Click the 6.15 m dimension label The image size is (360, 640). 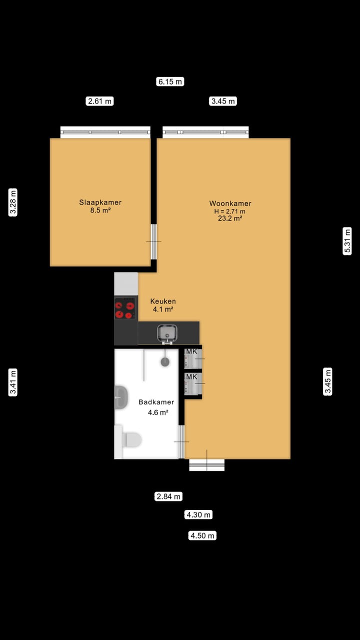(170, 81)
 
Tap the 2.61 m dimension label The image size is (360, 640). (100, 101)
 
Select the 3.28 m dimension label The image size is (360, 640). (13, 202)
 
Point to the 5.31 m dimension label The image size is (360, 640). (347, 241)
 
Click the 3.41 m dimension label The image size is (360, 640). (13, 382)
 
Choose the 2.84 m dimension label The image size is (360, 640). (168, 496)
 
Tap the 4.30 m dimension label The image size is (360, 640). (198, 514)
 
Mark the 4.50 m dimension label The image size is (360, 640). (202, 535)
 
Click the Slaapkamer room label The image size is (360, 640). (100, 202)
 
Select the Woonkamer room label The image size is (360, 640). (230, 203)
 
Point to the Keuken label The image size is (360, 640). (163, 301)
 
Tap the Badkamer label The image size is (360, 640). (156, 402)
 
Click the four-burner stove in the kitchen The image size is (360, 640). (124, 308)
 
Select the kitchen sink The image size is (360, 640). (167, 332)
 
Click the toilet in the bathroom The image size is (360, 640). (131, 440)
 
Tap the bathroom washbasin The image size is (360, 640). (120, 397)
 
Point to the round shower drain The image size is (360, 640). (165, 362)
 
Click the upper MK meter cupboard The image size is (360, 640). (192, 358)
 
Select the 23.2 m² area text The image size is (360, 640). (230, 218)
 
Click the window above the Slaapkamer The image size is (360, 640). (105, 132)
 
